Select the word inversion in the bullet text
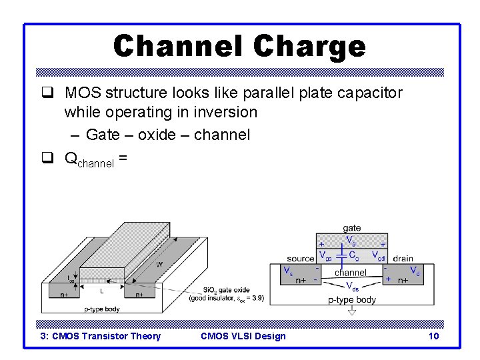click(x=223, y=112)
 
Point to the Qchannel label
click(x=92, y=159)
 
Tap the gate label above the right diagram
click(x=352, y=228)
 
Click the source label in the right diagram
click(x=300, y=259)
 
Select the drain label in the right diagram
click(x=403, y=259)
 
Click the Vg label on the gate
click(x=350, y=240)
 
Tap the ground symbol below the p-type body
click(x=352, y=311)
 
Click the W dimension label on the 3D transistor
click(x=159, y=264)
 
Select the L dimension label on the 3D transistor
click(x=101, y=291)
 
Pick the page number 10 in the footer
click(x=433, y=336)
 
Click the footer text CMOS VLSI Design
click(x=243, y=336)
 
